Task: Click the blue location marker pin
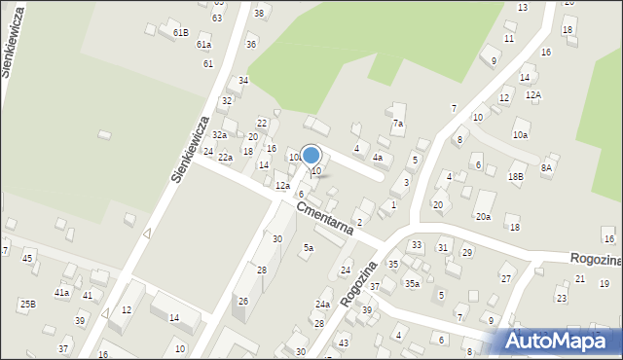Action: tap(311, 156)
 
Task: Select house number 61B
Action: tap(181, 32)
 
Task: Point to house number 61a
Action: tap(203, 45)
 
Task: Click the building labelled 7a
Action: tap(397, 124)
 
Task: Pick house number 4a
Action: tap(378, 157)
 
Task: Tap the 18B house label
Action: tap(515, 176)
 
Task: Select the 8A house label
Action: tap(547, 167)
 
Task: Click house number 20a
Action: tap(483, 217)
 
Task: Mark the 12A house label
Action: tap(532, 94)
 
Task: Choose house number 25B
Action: tap(27, 305)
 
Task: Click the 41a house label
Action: tap(61, 292)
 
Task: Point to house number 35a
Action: tap(412, 283)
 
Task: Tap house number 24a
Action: tap(322, 305)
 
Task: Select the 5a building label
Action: tap(308, 248)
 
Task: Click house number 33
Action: tap(416, 245)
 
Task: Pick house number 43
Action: tap(343, 343)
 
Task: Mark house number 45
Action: tap(27, 258)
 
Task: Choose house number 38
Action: tap(258, 13)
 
